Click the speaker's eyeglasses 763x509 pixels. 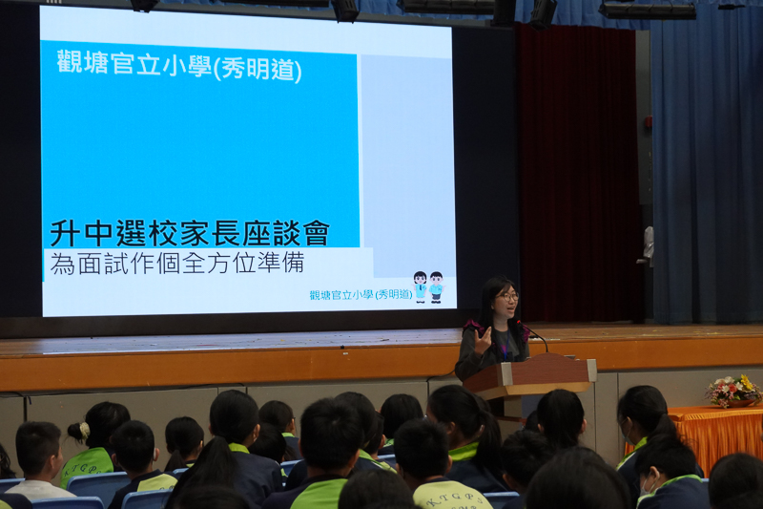pos(507,296)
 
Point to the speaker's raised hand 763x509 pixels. pos(483,340)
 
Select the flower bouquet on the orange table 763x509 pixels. pos(732,391)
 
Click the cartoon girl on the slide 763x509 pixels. pos(420,286)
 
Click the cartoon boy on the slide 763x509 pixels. pos(436,287)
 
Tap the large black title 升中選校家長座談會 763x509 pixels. pos(190,233)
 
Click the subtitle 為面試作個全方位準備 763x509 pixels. pos(177,263)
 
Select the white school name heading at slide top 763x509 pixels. pos(179,65)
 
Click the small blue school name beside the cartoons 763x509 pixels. pos(361,295)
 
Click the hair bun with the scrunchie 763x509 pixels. pos(79,431)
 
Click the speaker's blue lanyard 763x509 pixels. pos(505,344)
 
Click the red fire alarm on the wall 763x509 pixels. pos(649,122)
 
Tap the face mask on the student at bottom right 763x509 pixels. pos(645,487)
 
